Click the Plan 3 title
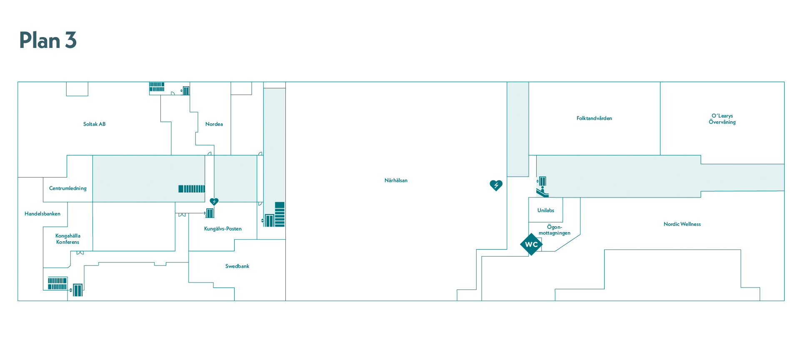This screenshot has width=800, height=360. (x=48, y=40)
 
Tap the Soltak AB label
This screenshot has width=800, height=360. (x=94, y=124)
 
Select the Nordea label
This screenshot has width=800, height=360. (x=214, y=124)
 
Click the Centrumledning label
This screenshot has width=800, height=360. (x=68, y=188)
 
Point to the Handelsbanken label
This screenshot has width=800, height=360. (x=42, y=214)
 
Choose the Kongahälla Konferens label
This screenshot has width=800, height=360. (x=68, y=239)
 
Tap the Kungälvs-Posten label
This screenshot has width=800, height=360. (x=223, y=229)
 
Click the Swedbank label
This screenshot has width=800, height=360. (x=237, y=266)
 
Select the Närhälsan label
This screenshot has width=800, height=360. (x=396, y=180)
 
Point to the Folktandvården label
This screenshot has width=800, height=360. (x=594, y=118)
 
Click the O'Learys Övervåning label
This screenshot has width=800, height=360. (x=722, y=119)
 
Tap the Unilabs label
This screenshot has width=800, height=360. (x=546, y=210)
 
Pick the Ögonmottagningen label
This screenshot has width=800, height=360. (x=555, y=230)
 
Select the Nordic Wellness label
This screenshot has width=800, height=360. (x=682, y=224)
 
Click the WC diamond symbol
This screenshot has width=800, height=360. (x=531, y=244)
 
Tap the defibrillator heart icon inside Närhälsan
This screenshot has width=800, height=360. (x=496, y=185)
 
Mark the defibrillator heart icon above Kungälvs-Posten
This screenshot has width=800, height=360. (x=214, y=202)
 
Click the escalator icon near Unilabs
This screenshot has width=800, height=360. (x=542, y=192)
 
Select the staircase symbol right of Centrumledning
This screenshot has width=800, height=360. (x=192, y=189)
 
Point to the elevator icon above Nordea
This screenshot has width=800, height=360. (x=185, y=90)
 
